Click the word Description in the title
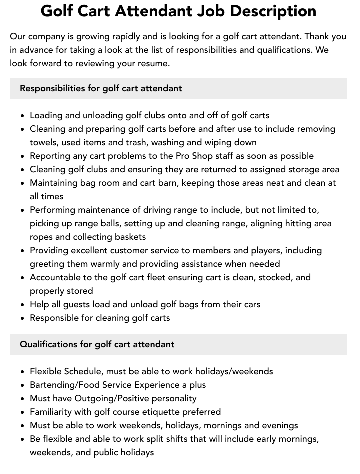[269, 11]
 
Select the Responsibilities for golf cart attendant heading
[101, 88]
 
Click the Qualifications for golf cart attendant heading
[97, 344]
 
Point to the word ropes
[42, 237]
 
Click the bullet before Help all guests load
[23, 305]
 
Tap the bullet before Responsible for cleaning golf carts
[23, 318]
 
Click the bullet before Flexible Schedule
[23, 372]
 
